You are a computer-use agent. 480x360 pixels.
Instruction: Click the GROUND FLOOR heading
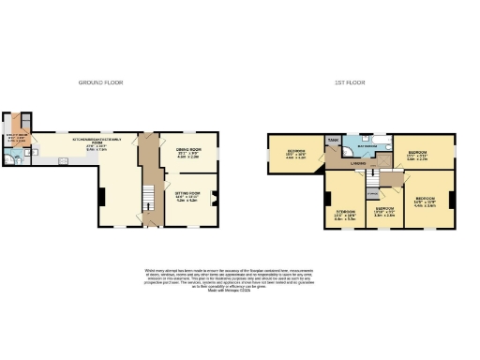[100, 82]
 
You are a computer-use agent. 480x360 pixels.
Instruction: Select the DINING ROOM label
[189, 151]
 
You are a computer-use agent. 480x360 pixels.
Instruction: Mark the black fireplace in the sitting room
[214, 198]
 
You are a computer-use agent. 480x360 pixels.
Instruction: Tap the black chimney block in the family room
[100, 196]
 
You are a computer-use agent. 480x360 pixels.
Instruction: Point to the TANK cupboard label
[333, 141]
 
